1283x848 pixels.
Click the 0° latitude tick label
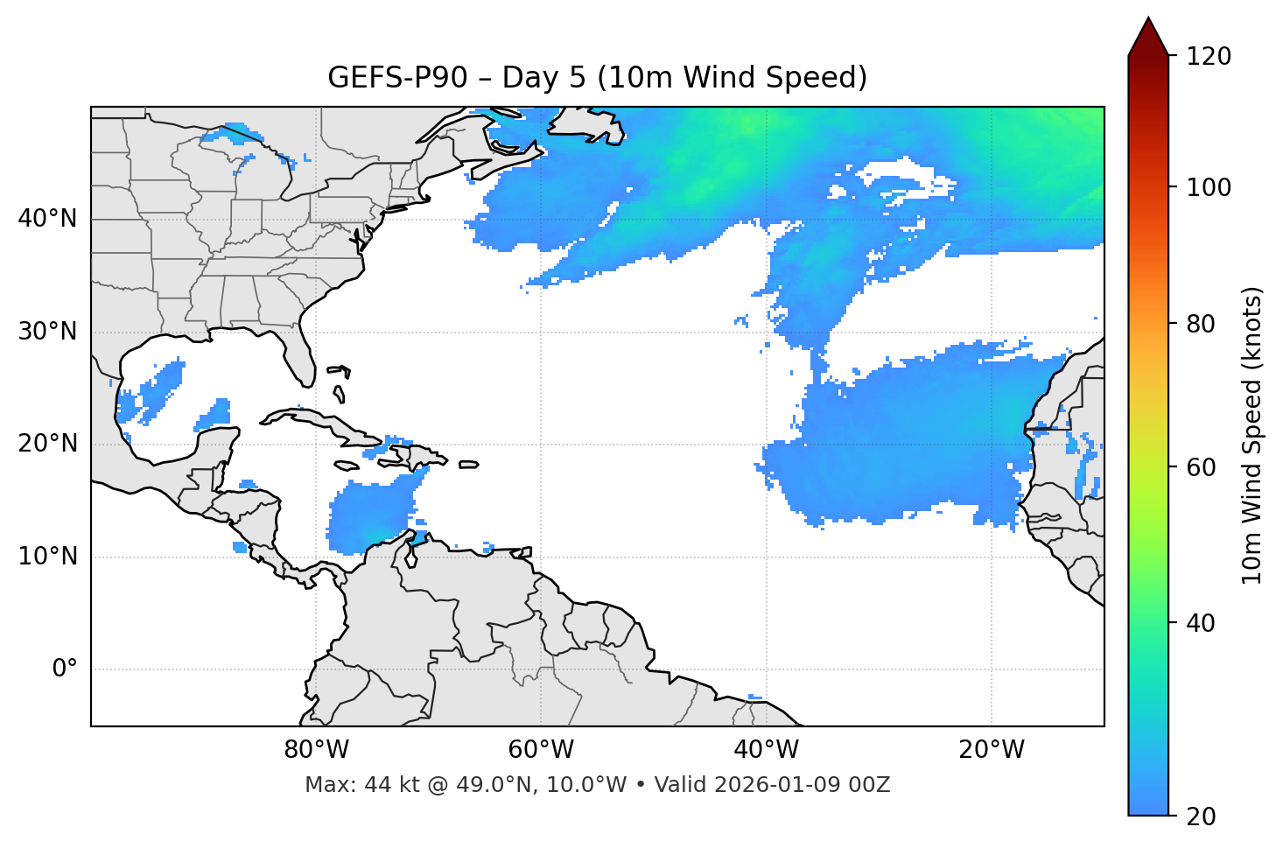coord(65,669)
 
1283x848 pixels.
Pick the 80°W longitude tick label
coord(316,750)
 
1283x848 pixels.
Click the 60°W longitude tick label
coord(541,750)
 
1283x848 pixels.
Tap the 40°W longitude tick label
coord(766,750)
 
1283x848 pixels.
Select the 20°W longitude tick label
coord(992,750)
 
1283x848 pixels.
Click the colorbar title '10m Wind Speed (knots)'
coord(1252,435)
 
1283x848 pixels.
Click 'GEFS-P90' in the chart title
coord(382,78)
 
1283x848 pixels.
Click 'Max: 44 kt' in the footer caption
coord(349,785)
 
